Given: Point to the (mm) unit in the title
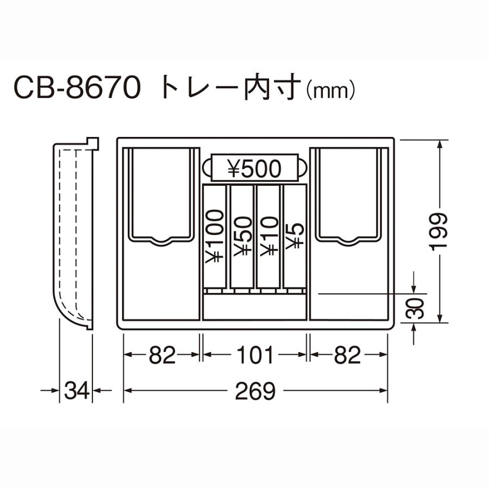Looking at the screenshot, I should (x=331, y=90).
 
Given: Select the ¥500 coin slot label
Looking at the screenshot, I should (x=254, y=169).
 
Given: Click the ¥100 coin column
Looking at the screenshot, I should (x=215, y=237).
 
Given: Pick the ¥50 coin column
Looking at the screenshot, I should (x=241, y=237).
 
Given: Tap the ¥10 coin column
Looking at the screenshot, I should (x=268, y=237).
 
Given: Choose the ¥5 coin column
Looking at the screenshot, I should (x=293, y=237).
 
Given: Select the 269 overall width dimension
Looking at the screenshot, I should (x=256, y=391).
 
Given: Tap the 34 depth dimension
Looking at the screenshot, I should (x=76, y=391).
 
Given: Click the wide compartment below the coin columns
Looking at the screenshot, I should (x=254, y=308).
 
